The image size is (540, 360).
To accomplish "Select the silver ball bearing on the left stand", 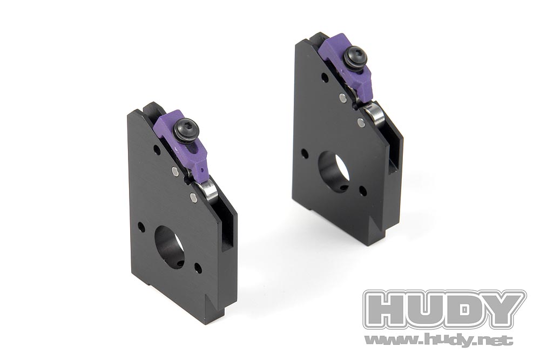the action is pyautogui.click(x=207, y=193).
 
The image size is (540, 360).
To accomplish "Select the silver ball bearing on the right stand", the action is pyautogui.click(x=373, y=116).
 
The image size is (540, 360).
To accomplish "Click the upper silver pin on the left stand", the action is pyautogui.click(x=175, y=172).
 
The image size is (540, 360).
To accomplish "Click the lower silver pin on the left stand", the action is pyautogui.click(x=193, y=197).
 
